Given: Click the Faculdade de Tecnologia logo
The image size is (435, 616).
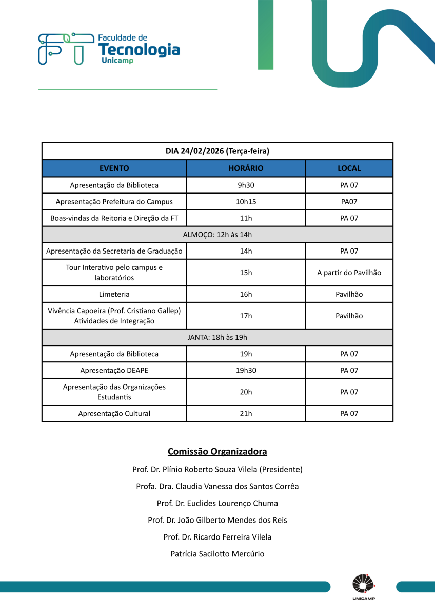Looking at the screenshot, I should coord(109,49).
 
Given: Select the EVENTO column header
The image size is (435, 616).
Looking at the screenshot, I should coord(114,168).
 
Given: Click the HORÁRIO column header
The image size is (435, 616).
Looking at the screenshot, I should coord(246,168).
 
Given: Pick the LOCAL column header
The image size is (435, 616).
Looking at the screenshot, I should coord(349,168).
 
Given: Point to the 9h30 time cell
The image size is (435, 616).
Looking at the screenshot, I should coord(246,185).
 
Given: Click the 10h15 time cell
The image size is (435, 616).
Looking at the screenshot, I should coord(246,201).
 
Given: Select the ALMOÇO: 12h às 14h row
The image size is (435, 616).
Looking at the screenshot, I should coord(217,235).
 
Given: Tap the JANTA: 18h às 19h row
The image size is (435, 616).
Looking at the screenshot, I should coord(217,337).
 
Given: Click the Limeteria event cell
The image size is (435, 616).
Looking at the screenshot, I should coord(114,294).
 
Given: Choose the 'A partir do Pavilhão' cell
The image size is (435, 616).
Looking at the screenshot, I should coord(349,273).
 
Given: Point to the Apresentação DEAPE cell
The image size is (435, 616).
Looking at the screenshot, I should coord(114,370).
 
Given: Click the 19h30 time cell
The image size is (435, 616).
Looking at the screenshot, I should coord(246,370).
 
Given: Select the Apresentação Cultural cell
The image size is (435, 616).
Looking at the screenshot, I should coord(114,413).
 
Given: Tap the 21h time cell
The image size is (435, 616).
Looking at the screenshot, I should coord(246,413).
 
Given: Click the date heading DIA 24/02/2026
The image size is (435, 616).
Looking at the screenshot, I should coord(217,151).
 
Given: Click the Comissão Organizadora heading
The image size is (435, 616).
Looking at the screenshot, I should coord(217,452).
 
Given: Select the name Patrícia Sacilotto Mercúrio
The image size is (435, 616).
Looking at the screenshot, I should coord(217,554).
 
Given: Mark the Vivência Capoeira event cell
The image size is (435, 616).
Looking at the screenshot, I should coord(114,316).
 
